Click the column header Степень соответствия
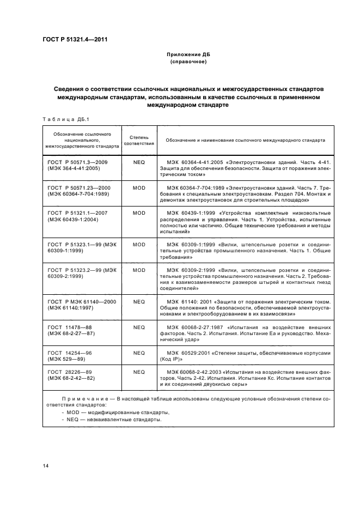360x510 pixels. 139,139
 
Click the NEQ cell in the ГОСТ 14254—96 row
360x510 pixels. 139,353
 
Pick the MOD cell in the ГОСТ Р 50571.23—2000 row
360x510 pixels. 139,187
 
